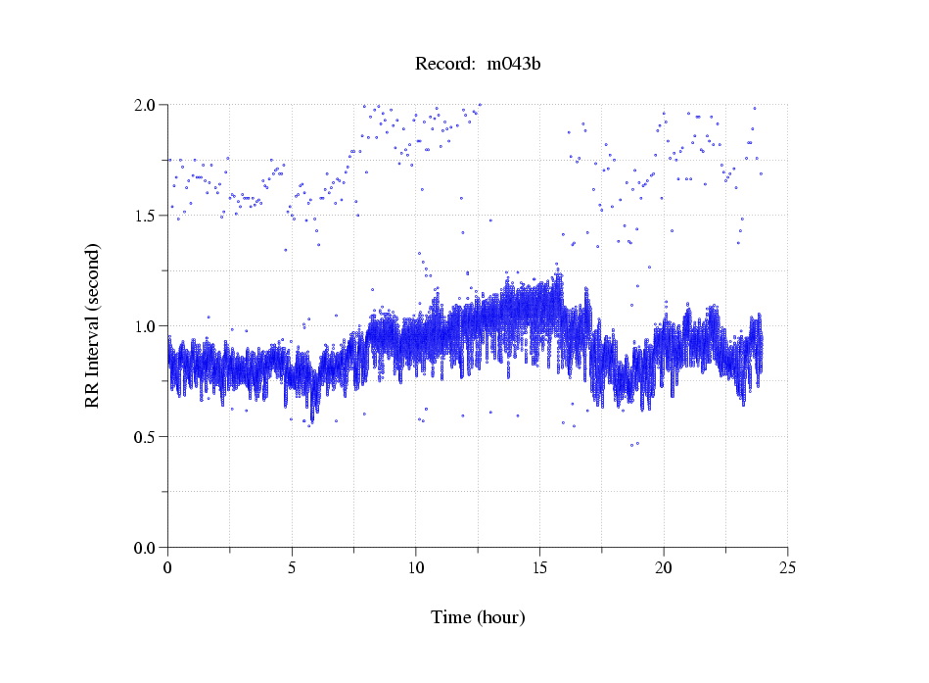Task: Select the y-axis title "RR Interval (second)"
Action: pyautogui.click(x=93, y=324)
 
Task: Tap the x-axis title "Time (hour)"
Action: pyautogui.click(x=478, y=617)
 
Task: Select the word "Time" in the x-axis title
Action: pyautogui.click(x=450, y=617)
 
